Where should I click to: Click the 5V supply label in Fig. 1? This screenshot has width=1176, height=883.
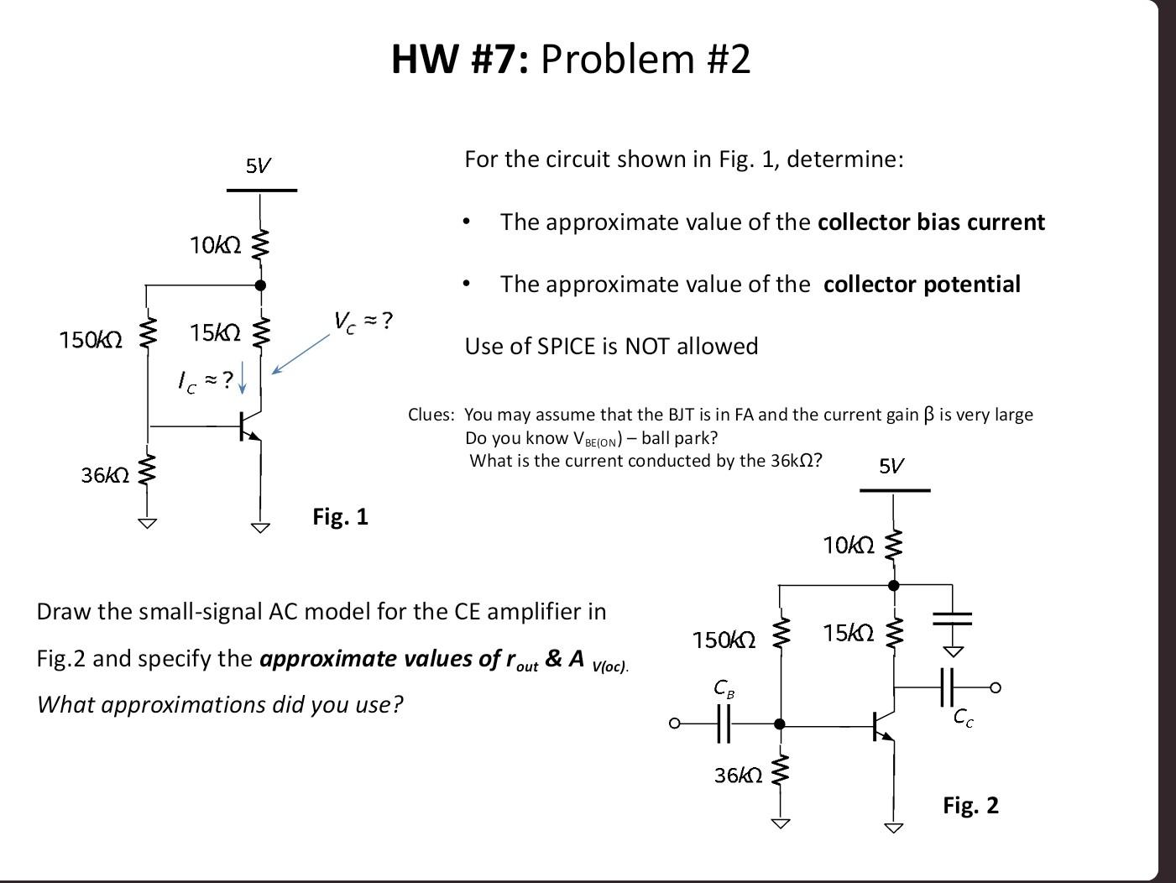click(259, 165)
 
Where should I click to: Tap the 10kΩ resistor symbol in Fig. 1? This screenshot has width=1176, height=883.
click(260, 244)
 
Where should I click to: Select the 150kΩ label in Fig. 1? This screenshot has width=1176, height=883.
click(91, 340)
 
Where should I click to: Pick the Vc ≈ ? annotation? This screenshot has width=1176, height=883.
click(363, 321)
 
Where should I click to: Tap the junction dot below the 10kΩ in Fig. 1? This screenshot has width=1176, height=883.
click(260, 285)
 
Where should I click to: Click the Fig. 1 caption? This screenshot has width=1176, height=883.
click(340, 516)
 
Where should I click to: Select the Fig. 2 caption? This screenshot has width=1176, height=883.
click(970, 805)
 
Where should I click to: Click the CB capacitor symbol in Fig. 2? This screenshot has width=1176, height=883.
click(724, 724)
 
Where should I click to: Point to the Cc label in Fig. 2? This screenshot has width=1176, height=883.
click(964, 718)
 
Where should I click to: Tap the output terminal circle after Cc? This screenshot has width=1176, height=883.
click(996, 687)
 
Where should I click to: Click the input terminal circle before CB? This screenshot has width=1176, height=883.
click(673, 724)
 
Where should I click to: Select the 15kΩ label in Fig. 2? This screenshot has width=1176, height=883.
click(848, 633)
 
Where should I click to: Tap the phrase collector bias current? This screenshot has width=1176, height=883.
click(931, 222)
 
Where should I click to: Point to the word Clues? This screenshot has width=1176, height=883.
click(431, 415)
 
